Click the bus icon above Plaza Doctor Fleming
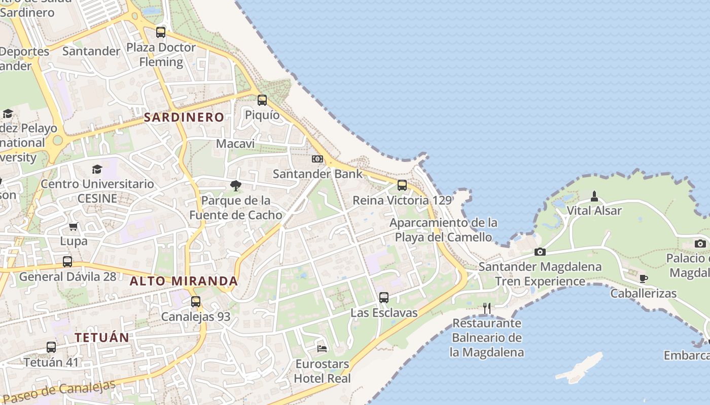161,32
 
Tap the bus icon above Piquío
262,100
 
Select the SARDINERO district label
184,117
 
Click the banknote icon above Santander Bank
317,159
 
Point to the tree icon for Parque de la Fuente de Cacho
235,186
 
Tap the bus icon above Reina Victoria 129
402,185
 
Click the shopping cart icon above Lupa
74,226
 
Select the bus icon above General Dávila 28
67,262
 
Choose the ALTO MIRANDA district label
184,281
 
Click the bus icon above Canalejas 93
196,302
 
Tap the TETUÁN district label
102,337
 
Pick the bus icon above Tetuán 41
51,347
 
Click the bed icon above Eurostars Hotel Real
322,348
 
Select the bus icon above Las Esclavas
384,298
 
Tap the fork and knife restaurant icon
487,308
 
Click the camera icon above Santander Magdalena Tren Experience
540,252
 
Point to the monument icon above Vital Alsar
594,196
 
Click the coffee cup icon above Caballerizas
643,278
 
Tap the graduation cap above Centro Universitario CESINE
97,169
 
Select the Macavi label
235,144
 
